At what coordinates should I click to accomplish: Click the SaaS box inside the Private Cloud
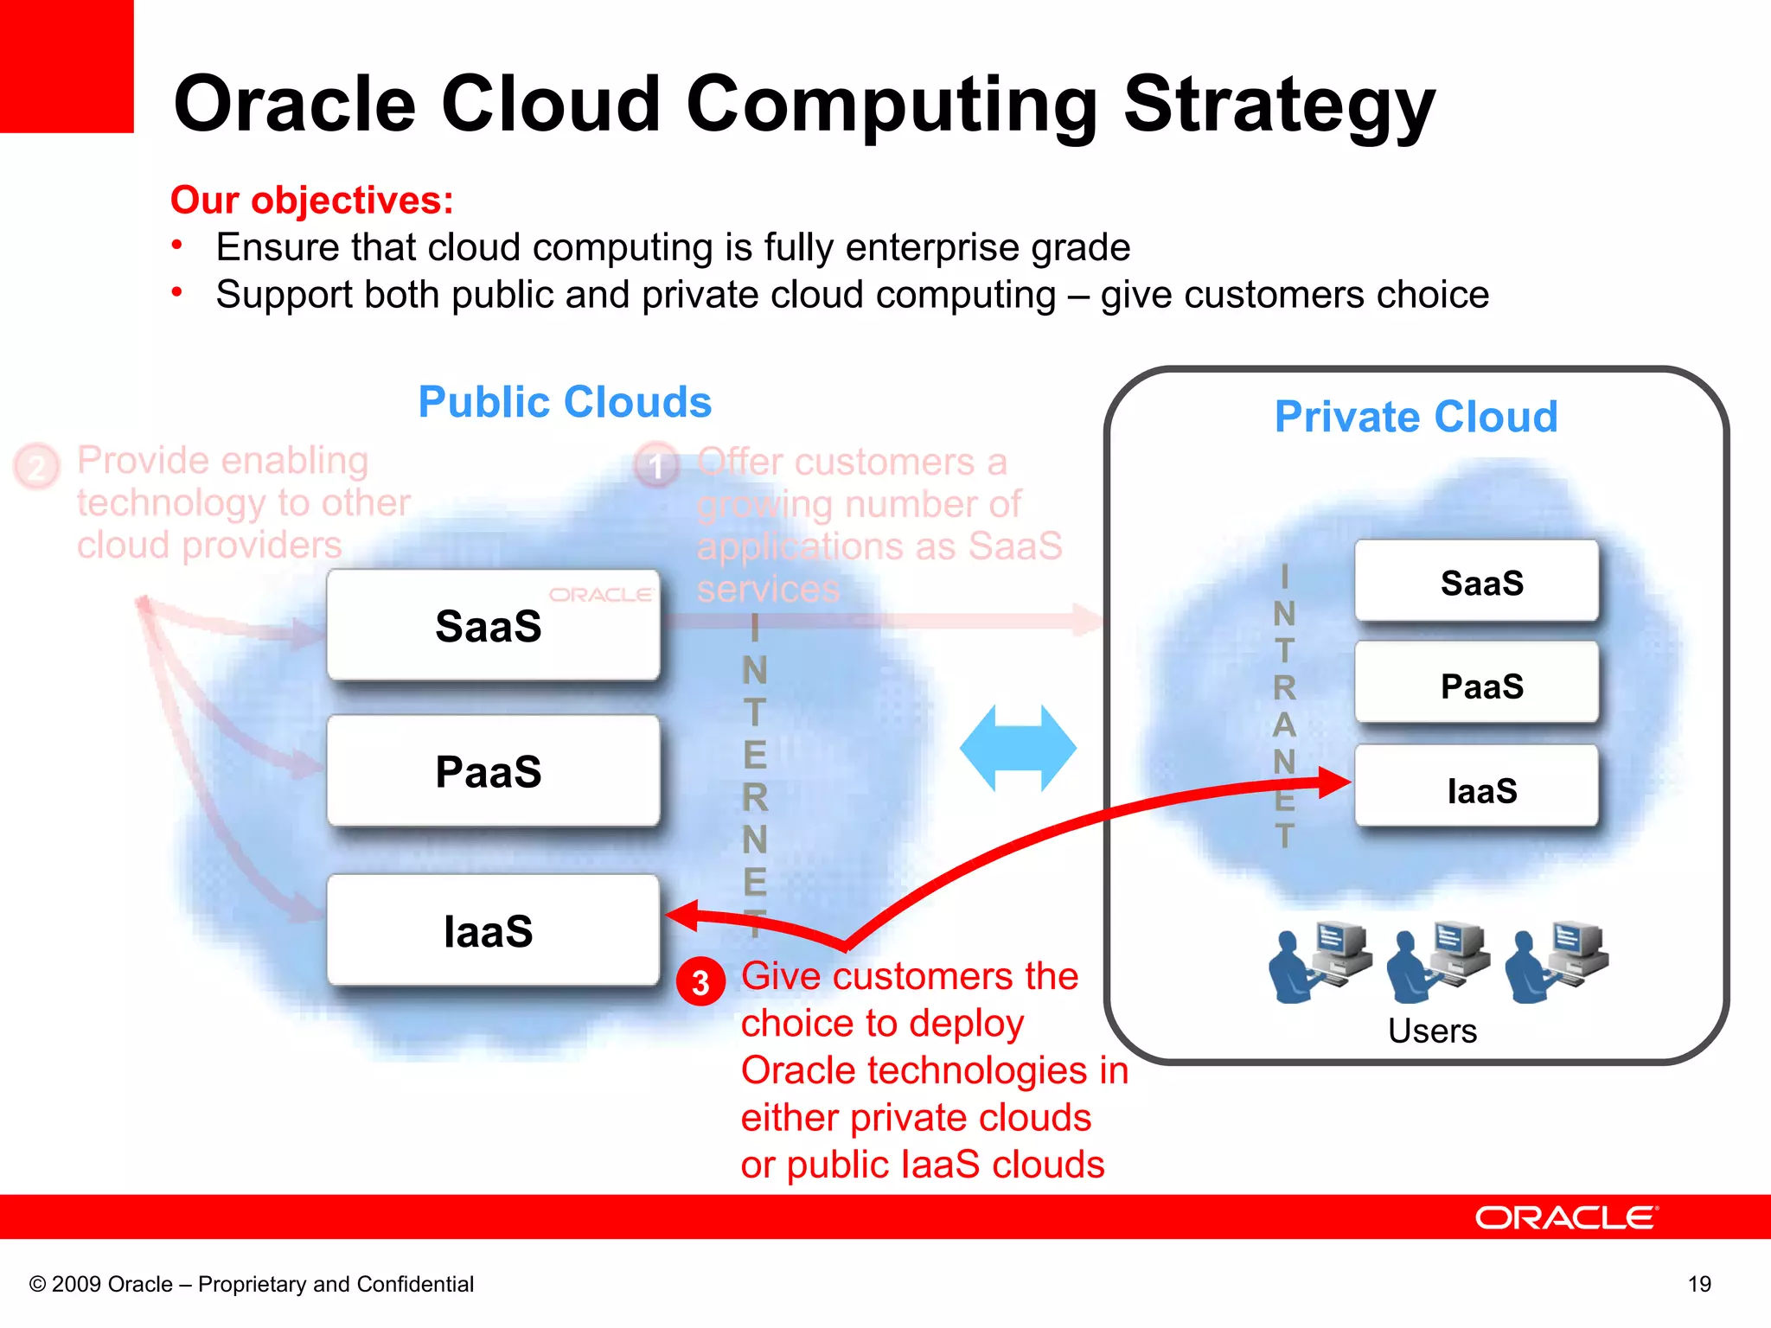pos(1477,582)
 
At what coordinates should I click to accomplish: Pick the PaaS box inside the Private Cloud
pos(1477,685)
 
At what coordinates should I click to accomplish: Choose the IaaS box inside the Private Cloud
pos(1477,788)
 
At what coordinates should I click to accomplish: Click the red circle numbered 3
pos(700,982)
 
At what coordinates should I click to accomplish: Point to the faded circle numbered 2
pos(36,467)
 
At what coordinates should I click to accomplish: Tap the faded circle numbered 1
pos(656,465)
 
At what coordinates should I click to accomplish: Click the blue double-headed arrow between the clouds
pos(1018,748)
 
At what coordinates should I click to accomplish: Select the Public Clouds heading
pos(565,402)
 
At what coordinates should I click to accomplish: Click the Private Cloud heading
pos(1416,417)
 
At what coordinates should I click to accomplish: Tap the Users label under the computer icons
pos(1432,1031)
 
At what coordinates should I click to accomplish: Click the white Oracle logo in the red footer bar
pos(1566,1217)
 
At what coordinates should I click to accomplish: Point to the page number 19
pos(1698,1284)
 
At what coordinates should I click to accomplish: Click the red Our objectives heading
pos(312,200)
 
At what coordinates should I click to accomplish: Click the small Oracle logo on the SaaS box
pos(600,595)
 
